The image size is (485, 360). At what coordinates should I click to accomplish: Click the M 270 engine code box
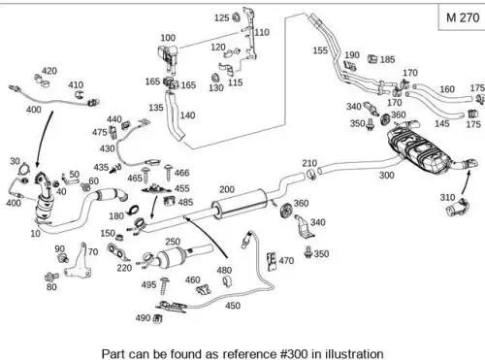pos(462,16)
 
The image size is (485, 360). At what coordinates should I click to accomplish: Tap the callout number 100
pos(168,38)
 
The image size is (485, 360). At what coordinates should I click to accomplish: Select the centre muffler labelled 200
pos(240,204)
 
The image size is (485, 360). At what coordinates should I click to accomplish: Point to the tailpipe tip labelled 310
pos(457,208)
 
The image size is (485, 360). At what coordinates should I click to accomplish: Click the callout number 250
pos(173,242)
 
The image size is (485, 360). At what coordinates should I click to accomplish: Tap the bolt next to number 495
pos(165,285)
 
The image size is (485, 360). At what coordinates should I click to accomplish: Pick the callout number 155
pos(320,50)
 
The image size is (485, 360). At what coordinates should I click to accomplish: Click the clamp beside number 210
pos(311,174)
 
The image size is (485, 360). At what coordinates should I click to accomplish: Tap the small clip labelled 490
pos(158,318)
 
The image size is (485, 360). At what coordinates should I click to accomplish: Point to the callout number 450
pos(233,306)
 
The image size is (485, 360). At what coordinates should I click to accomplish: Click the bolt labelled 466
pos(168,173)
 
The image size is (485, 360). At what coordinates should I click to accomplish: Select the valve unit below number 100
pos(169,57)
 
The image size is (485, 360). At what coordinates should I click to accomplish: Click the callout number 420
pos(49,71)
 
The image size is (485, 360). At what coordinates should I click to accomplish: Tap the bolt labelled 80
pos(51,277)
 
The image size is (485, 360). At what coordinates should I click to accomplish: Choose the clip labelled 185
pos(372,59)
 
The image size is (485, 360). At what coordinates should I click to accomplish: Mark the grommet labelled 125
pos(236,17)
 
